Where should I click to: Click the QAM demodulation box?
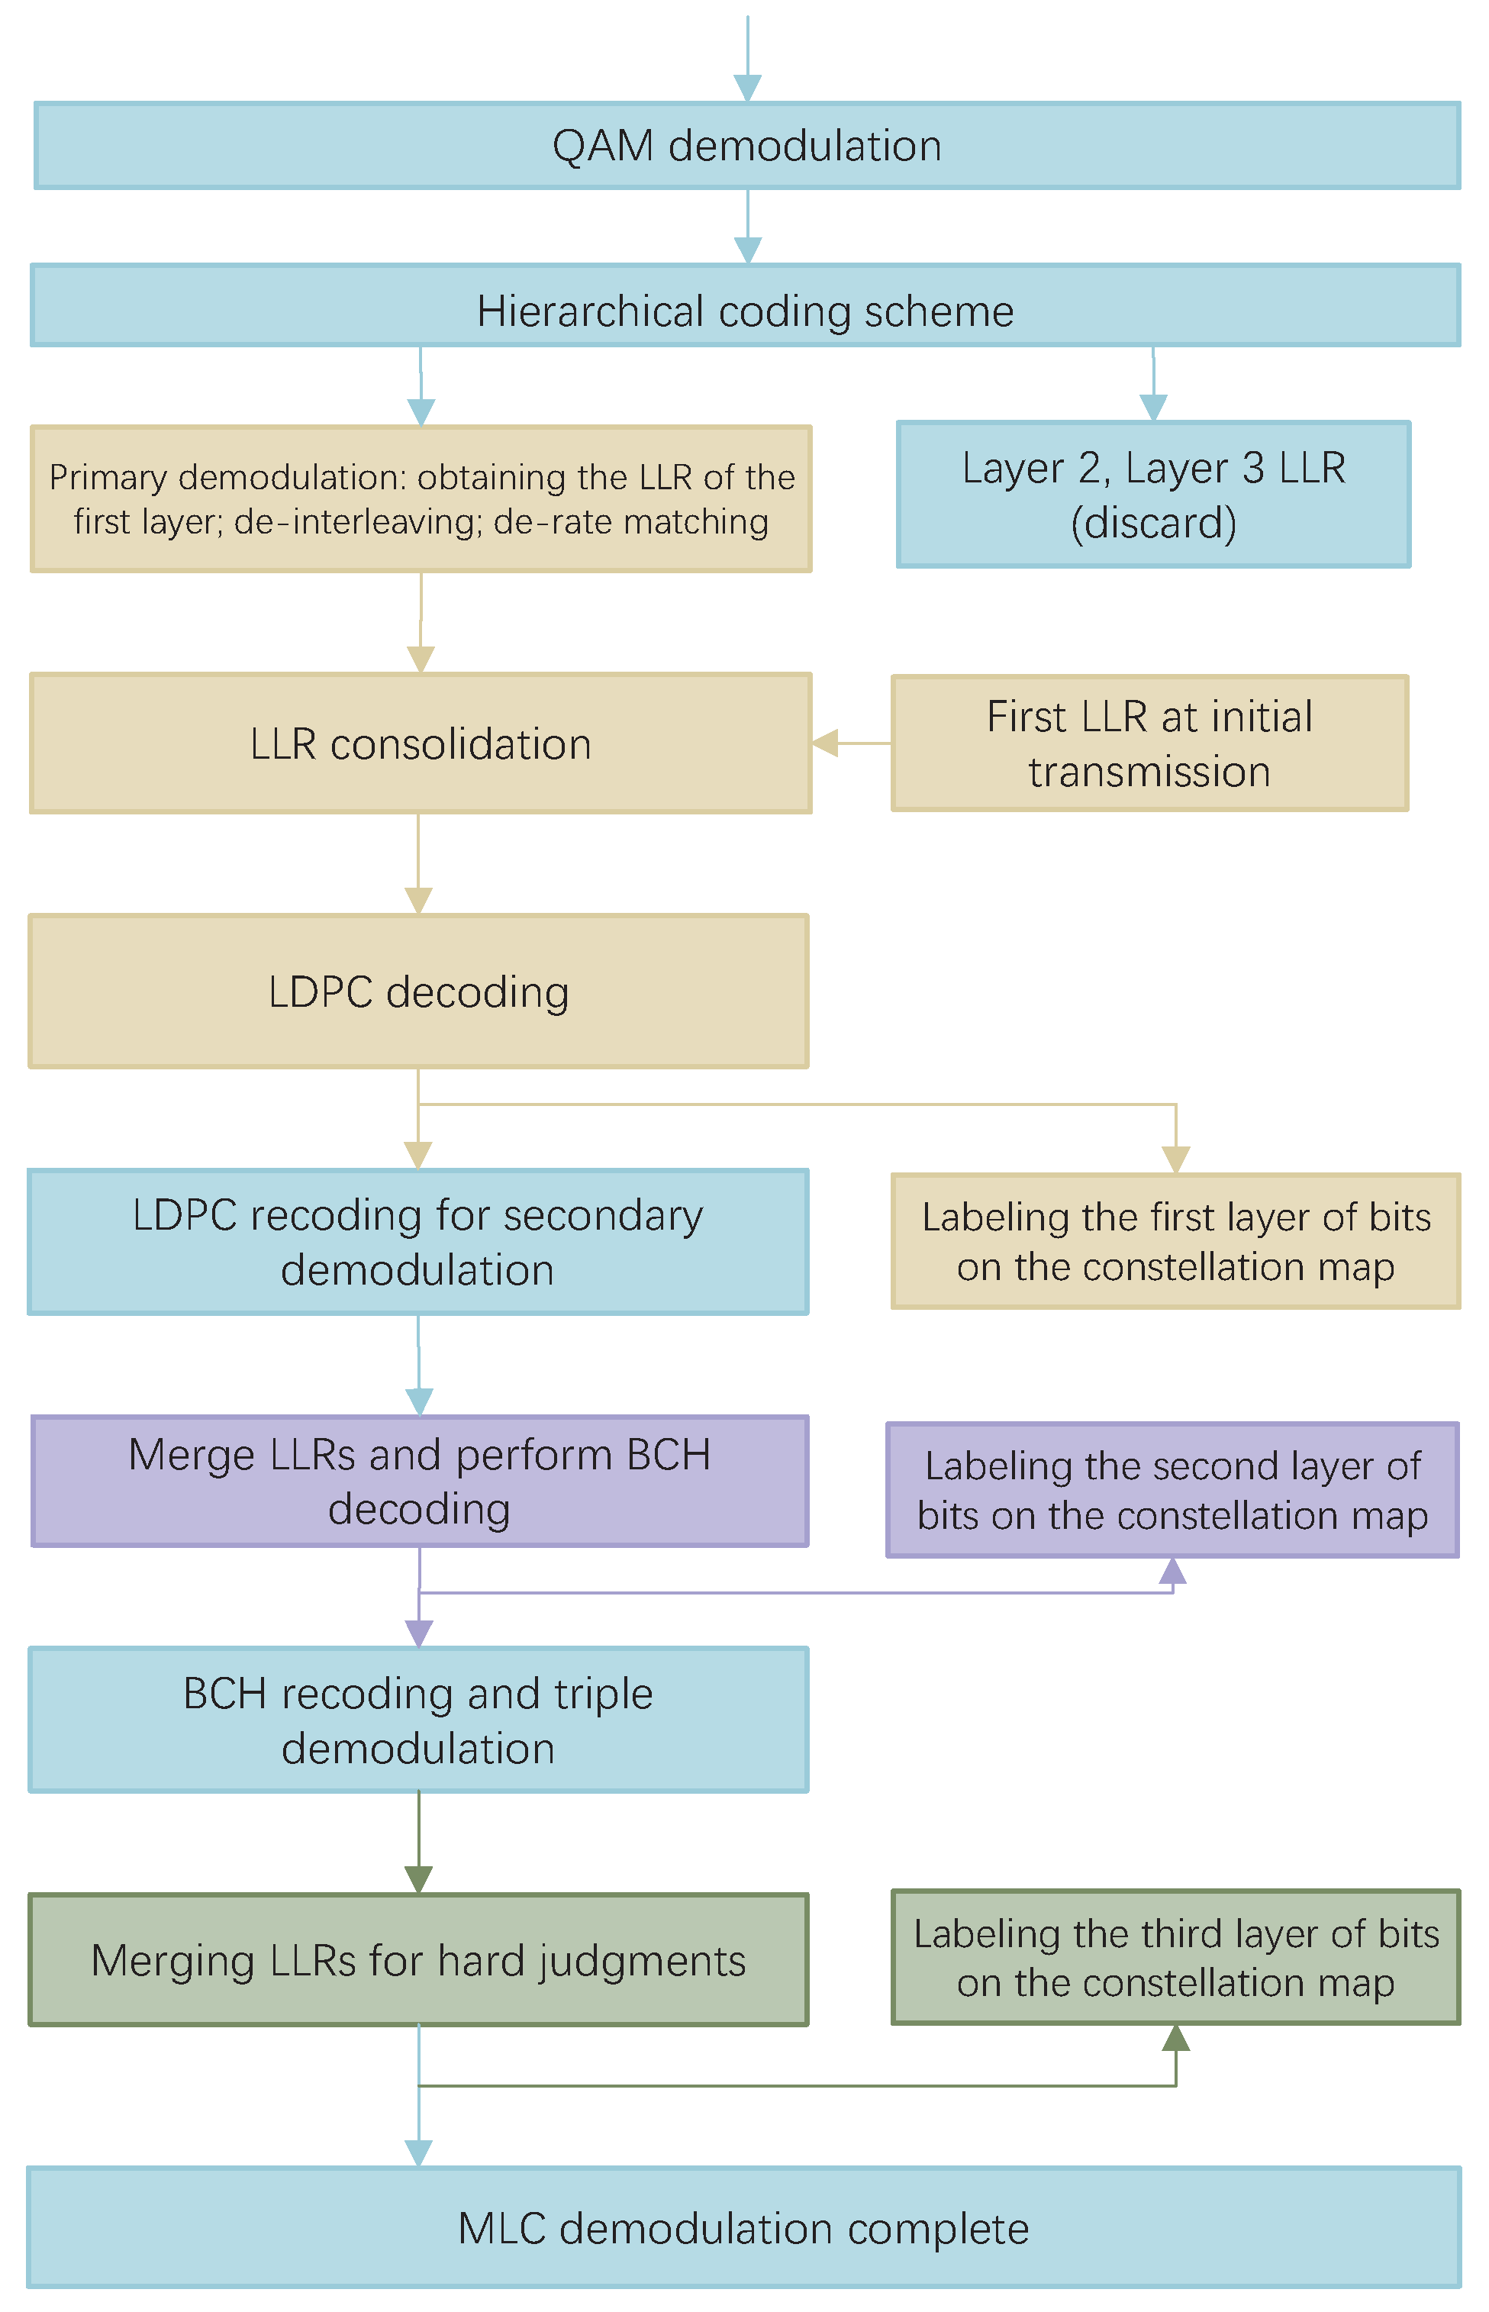746,146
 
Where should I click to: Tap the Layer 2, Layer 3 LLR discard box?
1152,494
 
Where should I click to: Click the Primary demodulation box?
421,499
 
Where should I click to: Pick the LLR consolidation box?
421,743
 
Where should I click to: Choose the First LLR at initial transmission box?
1149,743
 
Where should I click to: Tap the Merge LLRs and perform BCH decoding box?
420,1482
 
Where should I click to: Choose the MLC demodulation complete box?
743,2228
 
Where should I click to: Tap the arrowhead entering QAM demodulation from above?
747,88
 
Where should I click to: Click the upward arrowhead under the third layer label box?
1176,2038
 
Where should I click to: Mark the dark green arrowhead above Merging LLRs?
419,1878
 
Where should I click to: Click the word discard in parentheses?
1153,523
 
